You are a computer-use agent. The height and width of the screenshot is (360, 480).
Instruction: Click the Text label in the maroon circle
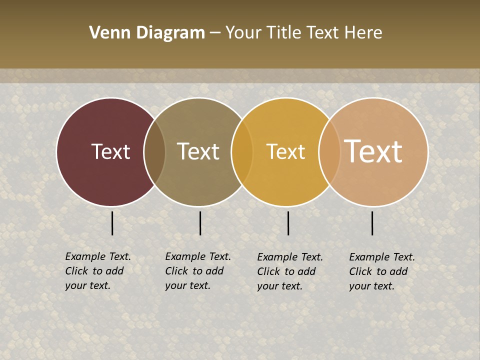(x=110, y=151)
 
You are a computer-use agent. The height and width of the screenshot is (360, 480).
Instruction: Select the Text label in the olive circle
(x=198, y=151)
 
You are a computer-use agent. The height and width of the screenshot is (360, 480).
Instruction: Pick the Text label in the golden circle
(x=285, y=151)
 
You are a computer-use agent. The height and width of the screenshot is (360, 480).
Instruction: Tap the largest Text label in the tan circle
(x=373, y=151)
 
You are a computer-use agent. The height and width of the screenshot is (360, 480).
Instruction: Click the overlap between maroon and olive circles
(x=154, y=152)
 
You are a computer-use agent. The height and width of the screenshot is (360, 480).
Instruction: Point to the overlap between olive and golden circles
(x=242, y=152)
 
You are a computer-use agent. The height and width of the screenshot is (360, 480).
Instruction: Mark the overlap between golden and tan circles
(x=329, y=152)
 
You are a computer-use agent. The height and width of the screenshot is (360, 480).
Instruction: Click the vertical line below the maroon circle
(x=112, y=223)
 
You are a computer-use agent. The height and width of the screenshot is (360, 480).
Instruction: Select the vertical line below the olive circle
(x=200, y=223)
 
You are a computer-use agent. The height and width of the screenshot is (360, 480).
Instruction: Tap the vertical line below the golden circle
(x=288, y=223)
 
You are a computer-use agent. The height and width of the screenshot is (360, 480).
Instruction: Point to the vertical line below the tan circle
(x=372, y=223)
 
